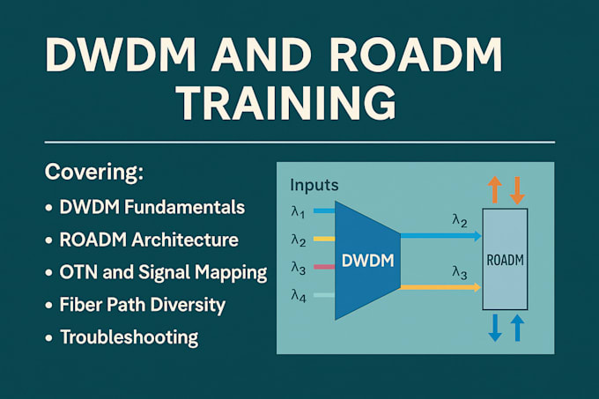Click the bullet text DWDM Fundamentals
152,208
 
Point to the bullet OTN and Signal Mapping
163,272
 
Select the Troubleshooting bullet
129,337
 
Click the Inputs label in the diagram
314,186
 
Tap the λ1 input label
298,212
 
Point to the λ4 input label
298,296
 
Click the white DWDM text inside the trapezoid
367,262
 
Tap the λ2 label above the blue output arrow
460,219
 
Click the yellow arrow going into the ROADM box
440,287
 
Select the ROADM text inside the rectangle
505,260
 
